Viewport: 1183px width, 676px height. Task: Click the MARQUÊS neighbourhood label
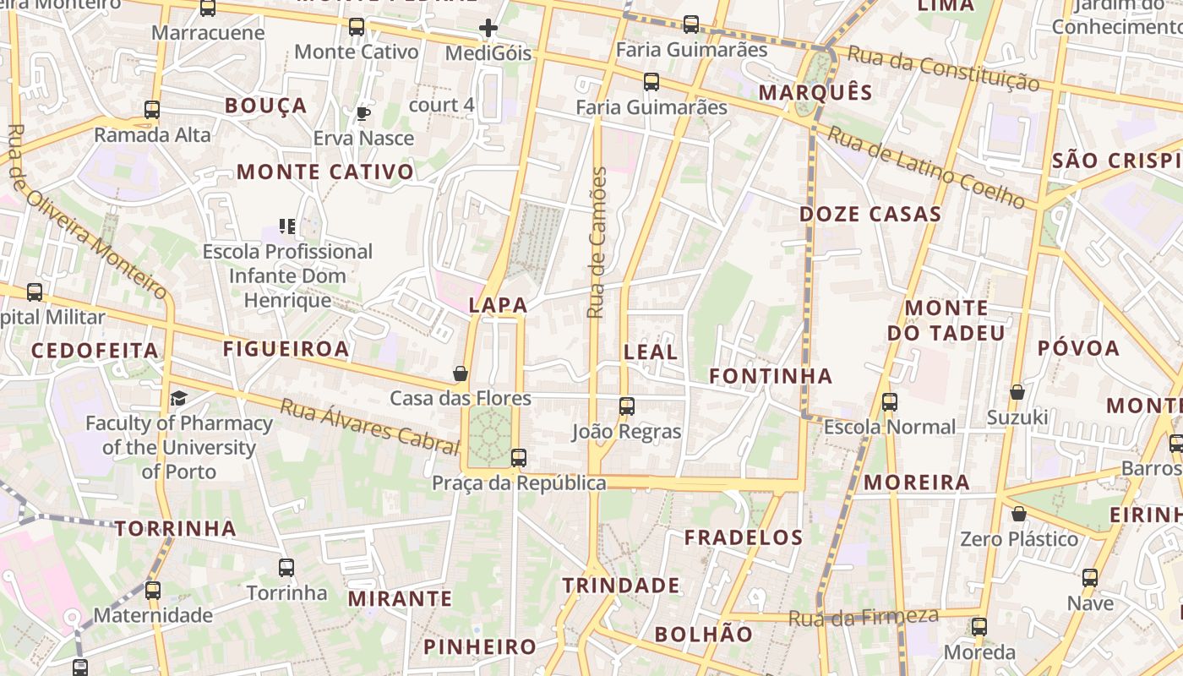click(x=815, y=93)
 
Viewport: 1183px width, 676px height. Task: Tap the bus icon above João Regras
click(x=626, y=406)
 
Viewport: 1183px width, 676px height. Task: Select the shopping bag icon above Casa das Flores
click(x=461, y=373)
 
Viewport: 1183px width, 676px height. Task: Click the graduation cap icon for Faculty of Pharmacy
click(x=178, y=398)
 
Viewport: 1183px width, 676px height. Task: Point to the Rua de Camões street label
click(x=597, y=243)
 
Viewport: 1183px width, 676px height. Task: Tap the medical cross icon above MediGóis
click(x=488, y=28)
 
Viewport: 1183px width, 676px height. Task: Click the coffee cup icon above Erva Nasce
click(x=363, y=113)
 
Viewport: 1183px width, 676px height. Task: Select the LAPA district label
click(x=498, y=305)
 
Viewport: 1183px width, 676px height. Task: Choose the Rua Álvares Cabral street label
click(x=369, y=426)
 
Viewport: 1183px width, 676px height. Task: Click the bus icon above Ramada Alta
click(x=152, y=109)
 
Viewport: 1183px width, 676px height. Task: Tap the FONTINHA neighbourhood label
click(x=771, y=376)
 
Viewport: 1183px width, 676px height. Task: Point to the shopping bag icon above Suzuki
click(x=1017, y=392)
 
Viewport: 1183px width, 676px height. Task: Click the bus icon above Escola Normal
click(x=889, y=401)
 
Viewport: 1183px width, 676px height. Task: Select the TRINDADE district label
click(x=621, y=586)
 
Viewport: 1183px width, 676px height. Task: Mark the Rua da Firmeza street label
click(x=864, y=617)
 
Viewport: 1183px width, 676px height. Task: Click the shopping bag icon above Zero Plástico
click(x=1019, y=514)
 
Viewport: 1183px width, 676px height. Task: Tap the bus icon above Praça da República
click(x=519, y=457)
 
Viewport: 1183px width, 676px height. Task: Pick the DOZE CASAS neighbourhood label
click(x=870, y=214)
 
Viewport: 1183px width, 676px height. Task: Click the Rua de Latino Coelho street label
click(x=926, y=167)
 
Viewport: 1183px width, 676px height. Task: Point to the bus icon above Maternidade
click(x=153, y=590)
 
